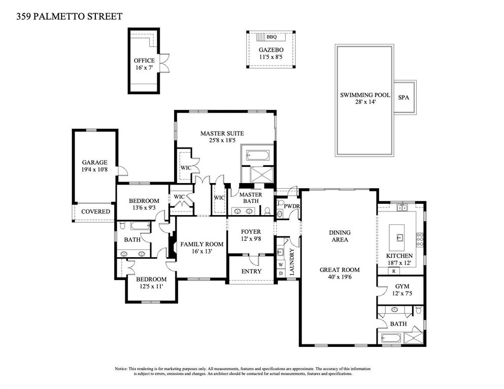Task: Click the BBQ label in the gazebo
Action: coord(271,37)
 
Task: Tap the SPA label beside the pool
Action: coord(404,97)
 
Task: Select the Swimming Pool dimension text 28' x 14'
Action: coord(365,102)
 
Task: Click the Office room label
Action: coord(144,61)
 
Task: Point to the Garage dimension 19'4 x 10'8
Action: coord(94,169)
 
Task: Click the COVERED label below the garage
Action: coord(95,211)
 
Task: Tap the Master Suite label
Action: coord(222,133)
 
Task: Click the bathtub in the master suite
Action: coord(258,156)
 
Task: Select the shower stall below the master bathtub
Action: coord(262,175)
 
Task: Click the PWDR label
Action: coord(292,206)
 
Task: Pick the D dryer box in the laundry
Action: coord(281,273)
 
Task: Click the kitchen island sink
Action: coord(399,238)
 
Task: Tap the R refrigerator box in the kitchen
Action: coord(394,271)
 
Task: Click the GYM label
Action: coord(402,286)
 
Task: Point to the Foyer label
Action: coord(251,232)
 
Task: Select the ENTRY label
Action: coord(251,271)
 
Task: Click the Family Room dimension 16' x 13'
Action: coord(201,251)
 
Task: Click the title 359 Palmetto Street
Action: coord(70,16)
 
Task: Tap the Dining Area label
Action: coord(340,236)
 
